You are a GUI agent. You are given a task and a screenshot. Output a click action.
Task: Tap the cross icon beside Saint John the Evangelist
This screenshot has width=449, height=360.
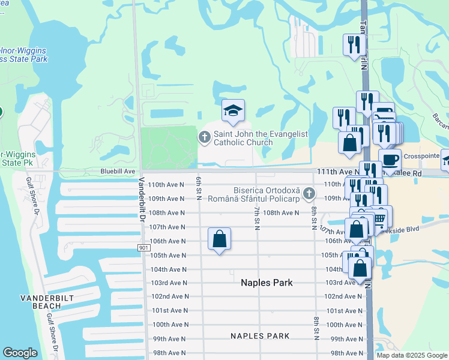point(204,138)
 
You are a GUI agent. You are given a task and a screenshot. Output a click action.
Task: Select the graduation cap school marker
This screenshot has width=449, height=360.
point(233,110)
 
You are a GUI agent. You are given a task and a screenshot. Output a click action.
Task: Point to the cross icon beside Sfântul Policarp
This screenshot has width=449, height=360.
point(309,193)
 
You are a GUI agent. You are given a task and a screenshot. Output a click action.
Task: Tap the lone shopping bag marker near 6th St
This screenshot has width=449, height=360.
point(220,239)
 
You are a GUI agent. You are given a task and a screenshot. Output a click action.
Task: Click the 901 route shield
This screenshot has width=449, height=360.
point(142,247)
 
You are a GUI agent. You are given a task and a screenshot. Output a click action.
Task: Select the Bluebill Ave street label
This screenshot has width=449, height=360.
point(118,171)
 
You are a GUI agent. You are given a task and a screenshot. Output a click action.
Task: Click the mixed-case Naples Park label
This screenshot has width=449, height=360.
point(267,282)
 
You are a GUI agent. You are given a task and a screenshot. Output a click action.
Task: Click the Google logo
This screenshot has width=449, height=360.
point(20,352)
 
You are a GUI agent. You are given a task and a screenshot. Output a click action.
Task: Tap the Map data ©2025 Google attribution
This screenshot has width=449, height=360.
point(411,355)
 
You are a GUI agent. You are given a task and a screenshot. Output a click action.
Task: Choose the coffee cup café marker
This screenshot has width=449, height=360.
point(390,160)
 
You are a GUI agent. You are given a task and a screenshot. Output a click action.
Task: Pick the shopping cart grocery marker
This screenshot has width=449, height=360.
point(380,219)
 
